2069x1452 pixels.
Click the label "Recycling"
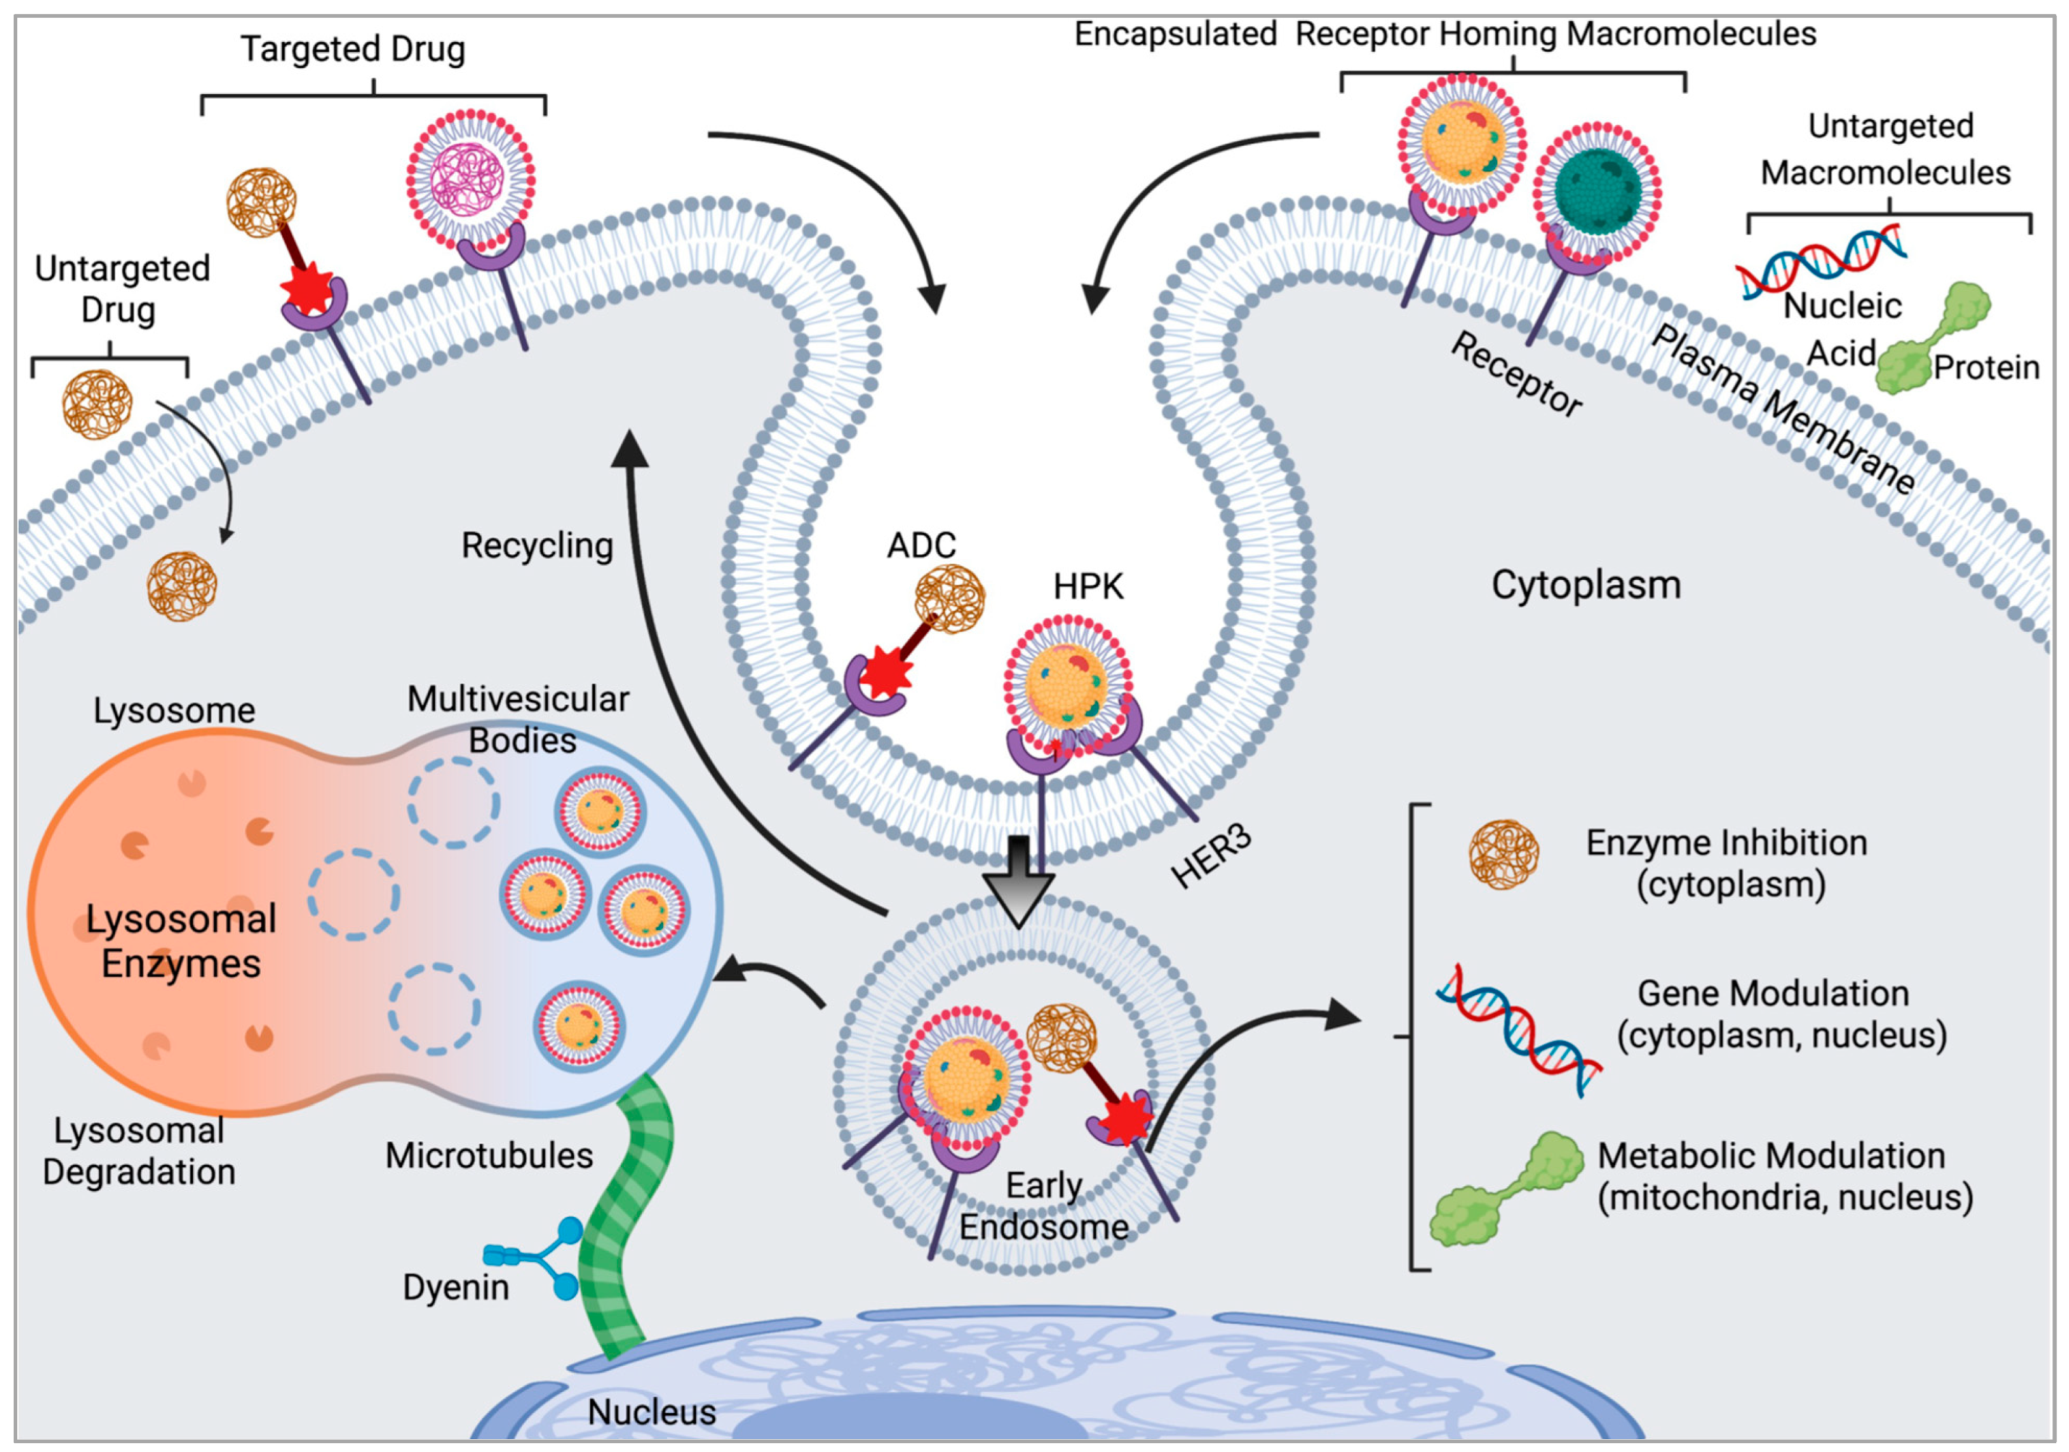[x=537, y=546]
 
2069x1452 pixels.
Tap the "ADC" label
[x=921, y=545]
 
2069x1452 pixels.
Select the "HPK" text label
[x=1088, y=586]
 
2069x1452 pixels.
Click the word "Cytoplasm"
[x=1586, y=584]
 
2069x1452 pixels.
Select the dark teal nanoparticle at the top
[x=1597, y=193]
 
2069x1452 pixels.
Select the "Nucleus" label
[x=652, y=1412]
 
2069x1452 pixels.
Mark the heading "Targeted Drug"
[x=353, y=50]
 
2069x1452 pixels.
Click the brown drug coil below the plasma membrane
[x=182, y=587]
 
